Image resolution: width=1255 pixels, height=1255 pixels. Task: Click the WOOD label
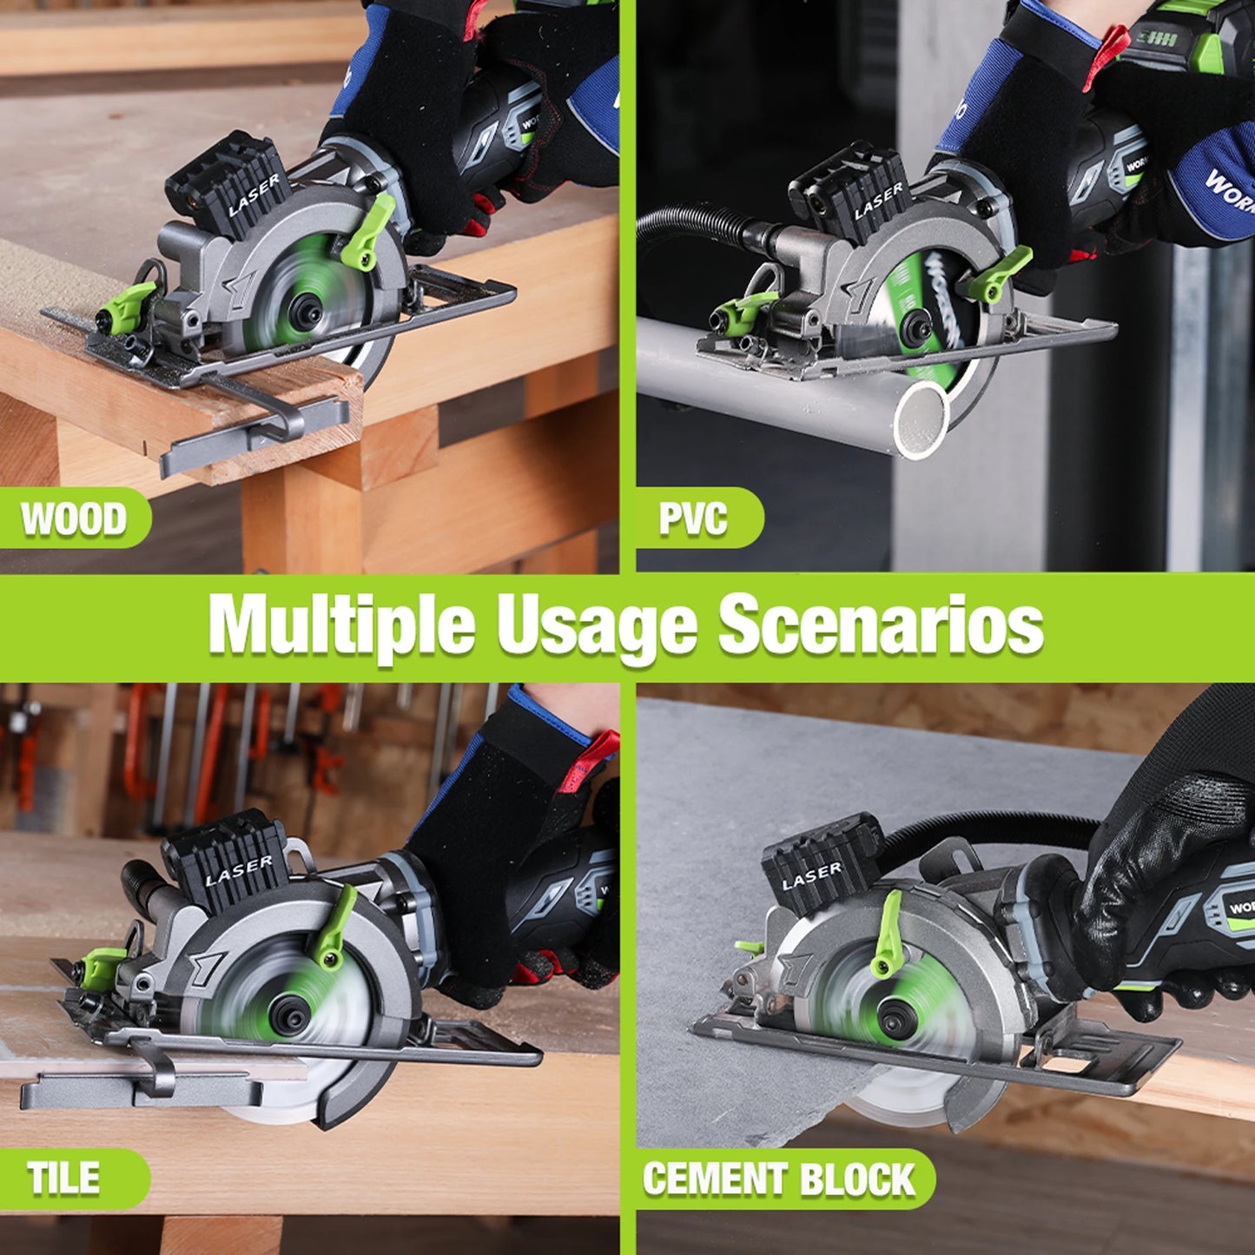click(74, 519)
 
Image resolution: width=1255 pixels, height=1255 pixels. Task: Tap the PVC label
click(693, 519)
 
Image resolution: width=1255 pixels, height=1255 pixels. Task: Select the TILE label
click(63, 1179)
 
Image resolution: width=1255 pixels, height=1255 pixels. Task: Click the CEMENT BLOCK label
click(778, 1179)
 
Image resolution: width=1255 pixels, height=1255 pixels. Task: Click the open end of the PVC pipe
click(921, 421)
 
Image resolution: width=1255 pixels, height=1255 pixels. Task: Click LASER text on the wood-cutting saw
click(254, 195)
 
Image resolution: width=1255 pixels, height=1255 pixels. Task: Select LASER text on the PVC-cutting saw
click(878, 202)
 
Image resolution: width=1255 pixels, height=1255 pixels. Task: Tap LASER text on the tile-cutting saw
click(238, 871)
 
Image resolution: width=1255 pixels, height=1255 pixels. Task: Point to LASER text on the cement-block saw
click(811, 876)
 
